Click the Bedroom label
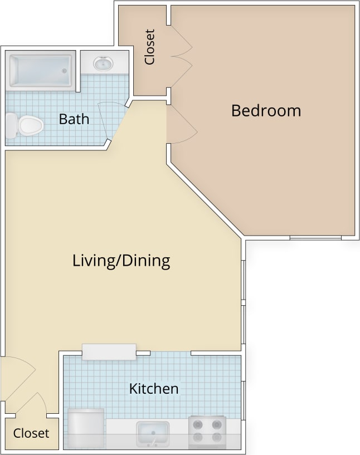pyautogui.click(x=266, y=110)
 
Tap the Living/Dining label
pyautogui.click(x=121, y=260)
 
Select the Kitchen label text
pyautogui.click(x=154, y=388)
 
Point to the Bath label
pyautogui.click(x=74, y=119)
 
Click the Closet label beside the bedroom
pyautogui.click(x=149, y=47)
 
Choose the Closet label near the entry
pyautogui.click(x=31, y=433)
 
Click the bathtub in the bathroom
pyautogui.click(x=40, y=71)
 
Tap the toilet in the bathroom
pyautogui.click(x=25, y=125)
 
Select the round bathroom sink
pyautogui.click(x=103, y=63)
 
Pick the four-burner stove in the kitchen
pyautogui.click(x=207, y=432)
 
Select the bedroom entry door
pyautogui.click(x=181, y=124)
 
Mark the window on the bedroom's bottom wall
pyautogui.click(x=315, y=238)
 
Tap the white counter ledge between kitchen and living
pyautogui.click(x=109, y=351)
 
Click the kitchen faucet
pyautogui.click(x=153, y=442)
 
